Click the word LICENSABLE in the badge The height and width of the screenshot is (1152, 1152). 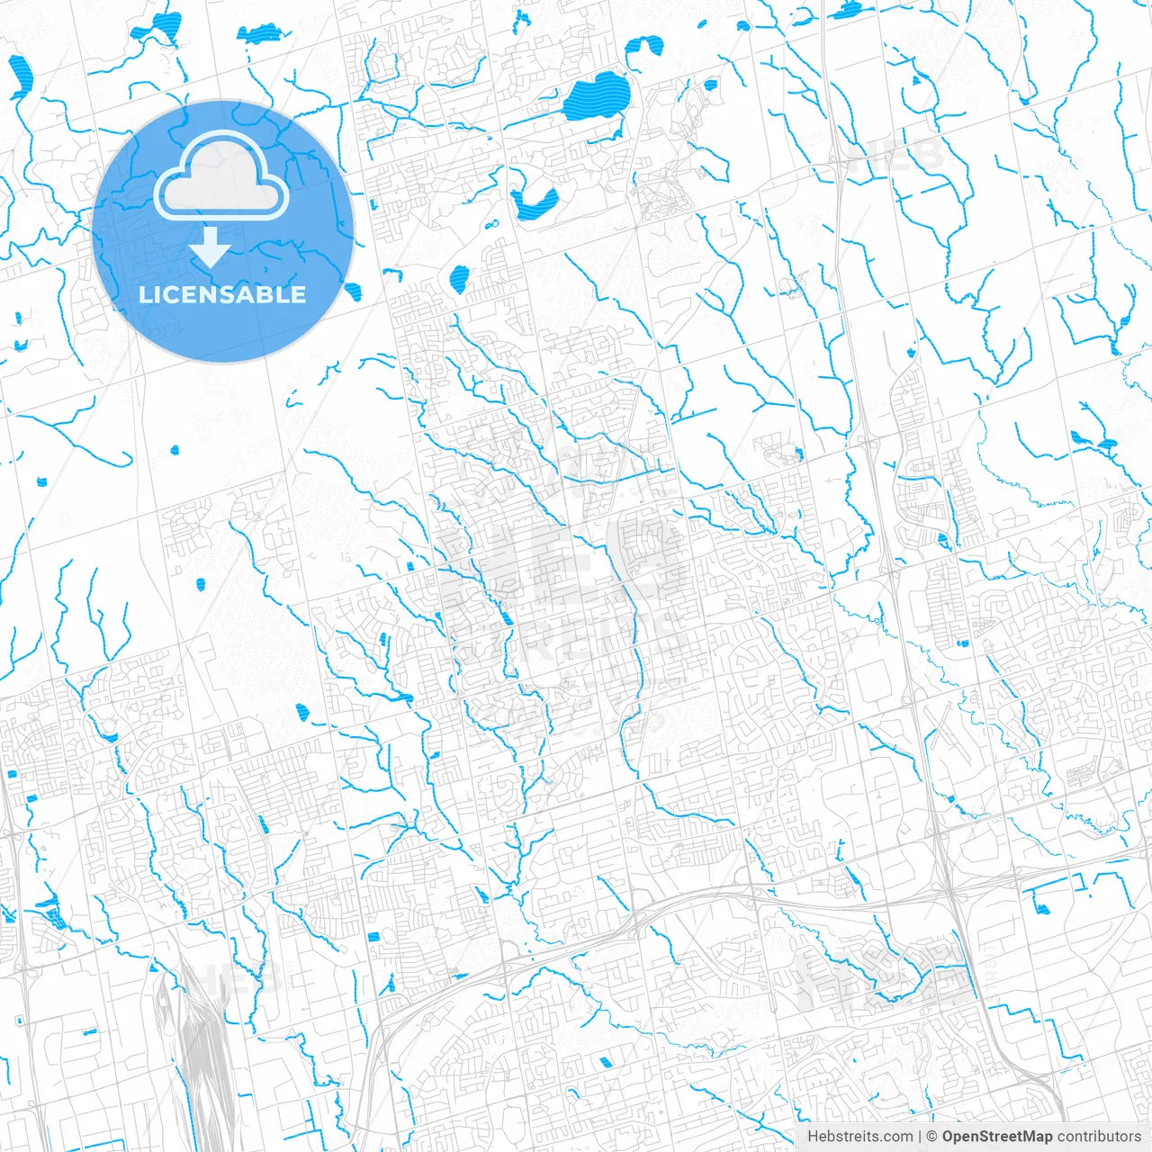click(222, 294)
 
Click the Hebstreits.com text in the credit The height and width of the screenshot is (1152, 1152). click(859, 1137)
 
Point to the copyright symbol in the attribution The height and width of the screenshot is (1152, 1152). click(932, 1137)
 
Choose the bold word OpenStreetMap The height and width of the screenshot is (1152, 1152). click(996, 1137)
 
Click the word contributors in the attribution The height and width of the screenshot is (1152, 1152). click(1099, 1137)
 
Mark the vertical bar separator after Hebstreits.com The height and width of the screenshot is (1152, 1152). click(920, 1137)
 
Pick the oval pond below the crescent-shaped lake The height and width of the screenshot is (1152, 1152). click(459, 278)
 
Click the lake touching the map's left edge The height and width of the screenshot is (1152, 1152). click(20, 76)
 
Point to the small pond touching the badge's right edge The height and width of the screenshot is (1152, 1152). click(353, 291)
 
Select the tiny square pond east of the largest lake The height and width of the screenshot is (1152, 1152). click(710, 85)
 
